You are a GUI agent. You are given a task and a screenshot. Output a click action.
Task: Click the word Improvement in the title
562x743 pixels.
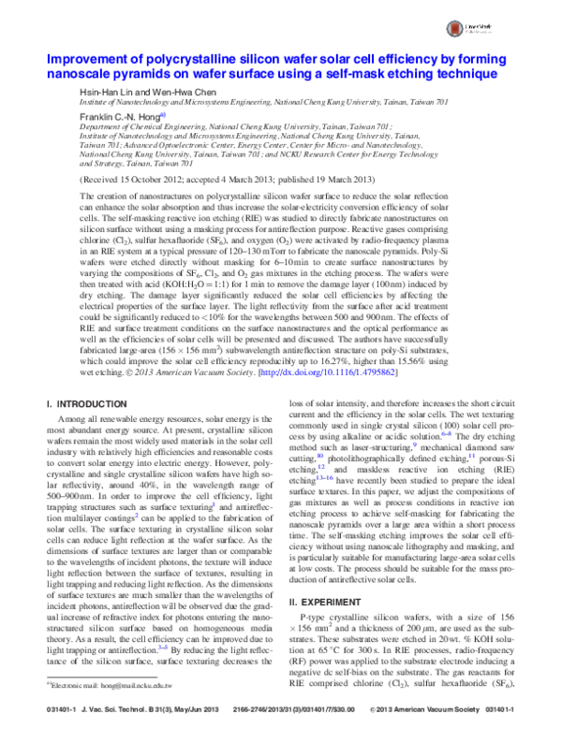coord(85,59)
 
